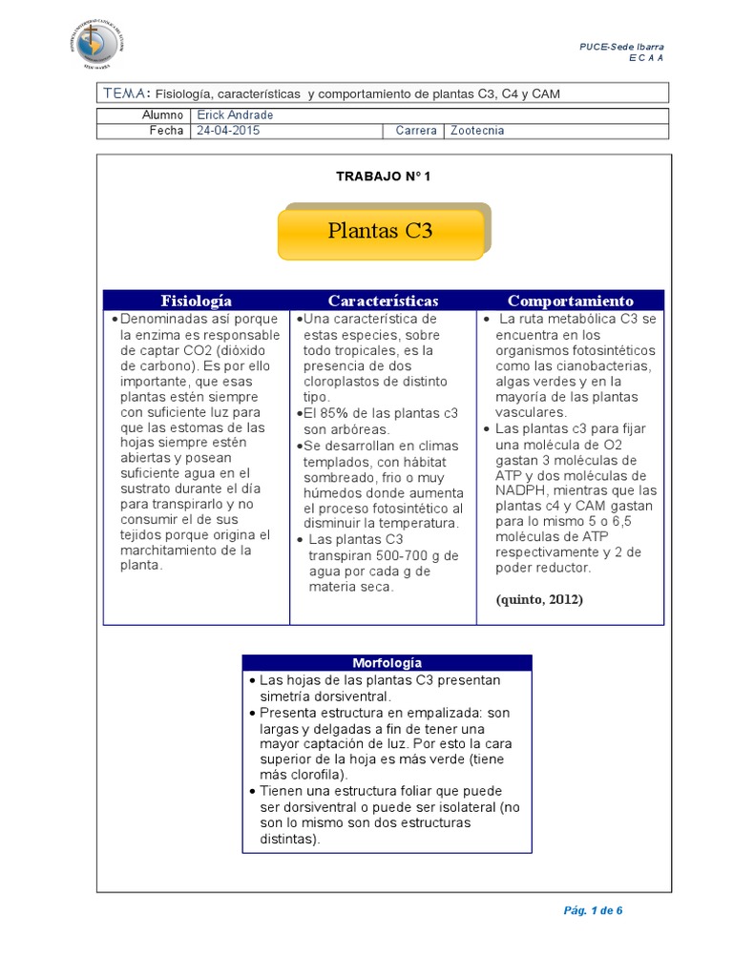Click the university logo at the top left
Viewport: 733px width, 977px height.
click(103, 40)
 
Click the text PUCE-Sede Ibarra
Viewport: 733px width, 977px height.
click(622, 47)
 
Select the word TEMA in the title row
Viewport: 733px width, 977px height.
click(125, 93)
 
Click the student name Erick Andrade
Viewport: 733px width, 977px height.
click(234, 114)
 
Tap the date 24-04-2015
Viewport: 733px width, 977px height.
click(228, 131)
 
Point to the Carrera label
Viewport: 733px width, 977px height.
click(416, 131)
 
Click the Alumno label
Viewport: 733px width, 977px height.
click(162, 114)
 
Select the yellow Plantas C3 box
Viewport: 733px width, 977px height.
click(381, 231)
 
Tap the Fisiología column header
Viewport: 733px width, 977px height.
click(197, 301)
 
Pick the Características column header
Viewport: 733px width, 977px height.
click(384, 301)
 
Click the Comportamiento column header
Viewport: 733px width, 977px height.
click(571, 301)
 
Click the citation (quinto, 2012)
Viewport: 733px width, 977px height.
click(539, 599)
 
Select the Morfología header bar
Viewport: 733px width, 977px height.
click(387, 662)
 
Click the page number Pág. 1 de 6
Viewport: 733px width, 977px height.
click(593, 909)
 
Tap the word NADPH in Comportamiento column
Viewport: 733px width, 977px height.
click(520, 490)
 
